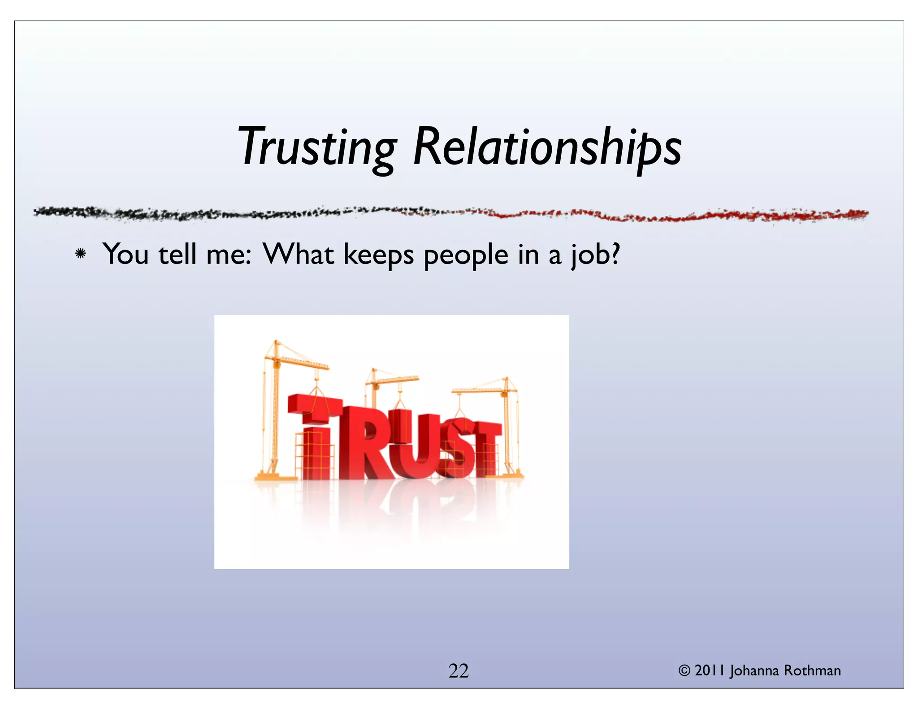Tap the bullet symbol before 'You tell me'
[81, 254]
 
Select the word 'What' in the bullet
[299, 254]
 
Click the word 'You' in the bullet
[126, 254]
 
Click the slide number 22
[459, 671]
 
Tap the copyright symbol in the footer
[684, 670]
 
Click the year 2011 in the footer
[710, 670]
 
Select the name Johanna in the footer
[754, 671]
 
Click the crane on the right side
[507, 426]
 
